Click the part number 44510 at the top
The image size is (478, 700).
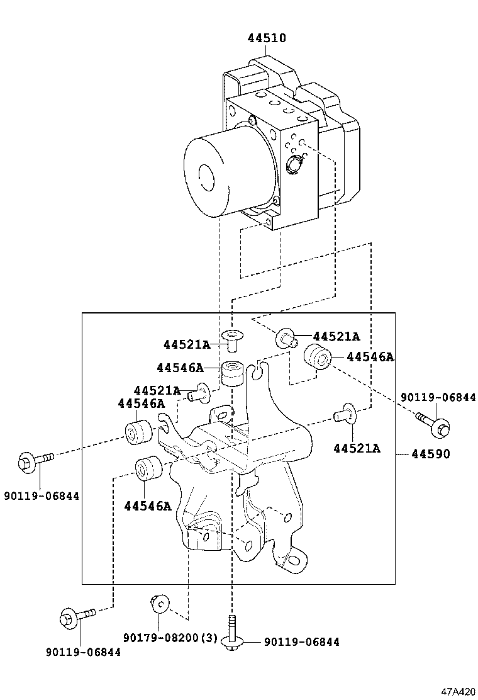[x=266, y=38]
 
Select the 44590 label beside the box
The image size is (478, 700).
[x=431, y=453]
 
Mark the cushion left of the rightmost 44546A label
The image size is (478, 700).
[x=318, y=358]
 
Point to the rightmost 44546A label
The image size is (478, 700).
[x=370, y=357]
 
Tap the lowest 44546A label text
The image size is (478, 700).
[x=148, y=505]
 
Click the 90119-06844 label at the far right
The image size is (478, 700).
[x=438, y=397]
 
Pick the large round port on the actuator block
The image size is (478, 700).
[x=294, y=166]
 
